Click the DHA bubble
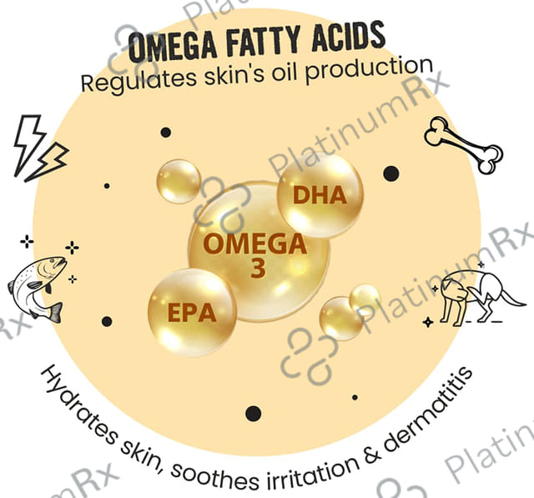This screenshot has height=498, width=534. coord(320,196)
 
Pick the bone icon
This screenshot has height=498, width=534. coord(463,143)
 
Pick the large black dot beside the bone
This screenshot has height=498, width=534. coord(390,174)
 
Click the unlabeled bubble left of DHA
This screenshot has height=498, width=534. coord(179,181)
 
